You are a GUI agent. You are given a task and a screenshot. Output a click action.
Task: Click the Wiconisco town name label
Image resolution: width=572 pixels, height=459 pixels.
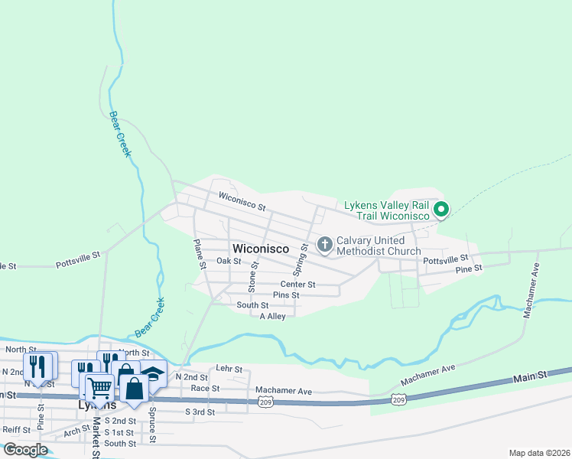click(260, 249)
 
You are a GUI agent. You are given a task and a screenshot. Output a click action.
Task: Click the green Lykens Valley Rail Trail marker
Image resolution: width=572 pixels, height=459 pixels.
click(440, 208)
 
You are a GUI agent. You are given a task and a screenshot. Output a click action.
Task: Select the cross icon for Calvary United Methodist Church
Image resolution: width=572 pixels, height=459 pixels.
click(324, 245)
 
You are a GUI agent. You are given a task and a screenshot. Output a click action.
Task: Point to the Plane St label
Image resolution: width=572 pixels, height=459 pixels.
click(199, 255)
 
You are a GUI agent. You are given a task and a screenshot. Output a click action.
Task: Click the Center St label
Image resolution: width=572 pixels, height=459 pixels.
click(297, 285)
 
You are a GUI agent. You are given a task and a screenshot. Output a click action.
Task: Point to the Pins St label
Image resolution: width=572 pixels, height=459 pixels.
click(286, 295)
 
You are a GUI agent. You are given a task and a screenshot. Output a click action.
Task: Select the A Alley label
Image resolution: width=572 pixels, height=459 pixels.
click(272, 316)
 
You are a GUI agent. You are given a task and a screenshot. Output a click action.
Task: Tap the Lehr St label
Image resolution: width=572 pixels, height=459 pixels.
click(229, 369)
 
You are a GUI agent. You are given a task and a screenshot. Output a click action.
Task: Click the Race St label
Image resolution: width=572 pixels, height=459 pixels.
click(205, 388)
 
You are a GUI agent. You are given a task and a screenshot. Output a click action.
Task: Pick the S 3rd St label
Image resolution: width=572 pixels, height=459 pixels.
click(200, 412)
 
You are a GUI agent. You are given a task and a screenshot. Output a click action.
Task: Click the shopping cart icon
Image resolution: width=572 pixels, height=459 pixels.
click(99, 388)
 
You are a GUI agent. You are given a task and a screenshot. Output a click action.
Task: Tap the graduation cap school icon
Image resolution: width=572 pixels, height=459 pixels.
click(153, 375)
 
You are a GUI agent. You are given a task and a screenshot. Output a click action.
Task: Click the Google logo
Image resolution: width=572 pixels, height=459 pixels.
click(25, 450)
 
